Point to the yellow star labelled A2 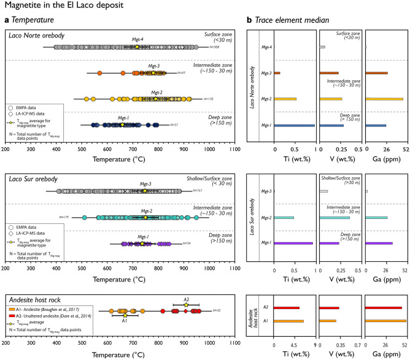[186, 305]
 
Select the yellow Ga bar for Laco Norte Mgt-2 [384, 99]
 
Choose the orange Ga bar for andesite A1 [385, 321]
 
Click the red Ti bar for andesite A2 [287, 308]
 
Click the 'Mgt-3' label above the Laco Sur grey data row [143, 183]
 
